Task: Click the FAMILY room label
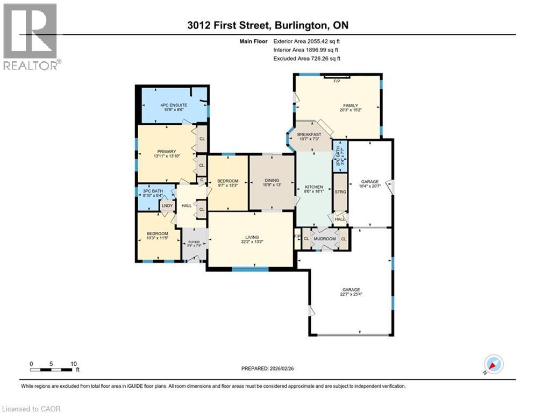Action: [351, 105]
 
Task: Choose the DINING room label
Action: [272, 181]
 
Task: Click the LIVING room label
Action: [252, 237]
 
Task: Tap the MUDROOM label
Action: [325, 239]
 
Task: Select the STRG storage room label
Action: [340, 191]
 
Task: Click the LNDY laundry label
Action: [167, 205]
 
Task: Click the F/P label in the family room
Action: [337, 81]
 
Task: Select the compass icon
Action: [493, 364]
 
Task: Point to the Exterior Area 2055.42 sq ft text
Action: [306, 41]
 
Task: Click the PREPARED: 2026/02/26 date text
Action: [268, 368]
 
